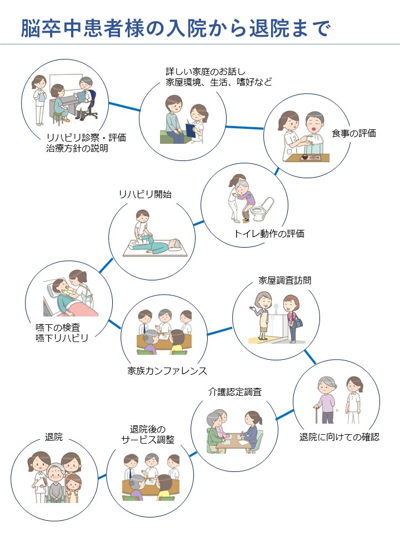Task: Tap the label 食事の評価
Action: pos(354,133)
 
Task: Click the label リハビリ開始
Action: pos(145,194)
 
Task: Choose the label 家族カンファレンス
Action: pos(167,370)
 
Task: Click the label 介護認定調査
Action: pos(235,392)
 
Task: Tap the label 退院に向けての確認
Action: pos(339,437)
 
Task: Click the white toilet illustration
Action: pos(262,209)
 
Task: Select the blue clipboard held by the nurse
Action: pos(190,130)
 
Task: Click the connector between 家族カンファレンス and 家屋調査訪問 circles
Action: pos(219,331)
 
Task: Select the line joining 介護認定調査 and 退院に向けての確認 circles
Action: pos(284,415)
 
